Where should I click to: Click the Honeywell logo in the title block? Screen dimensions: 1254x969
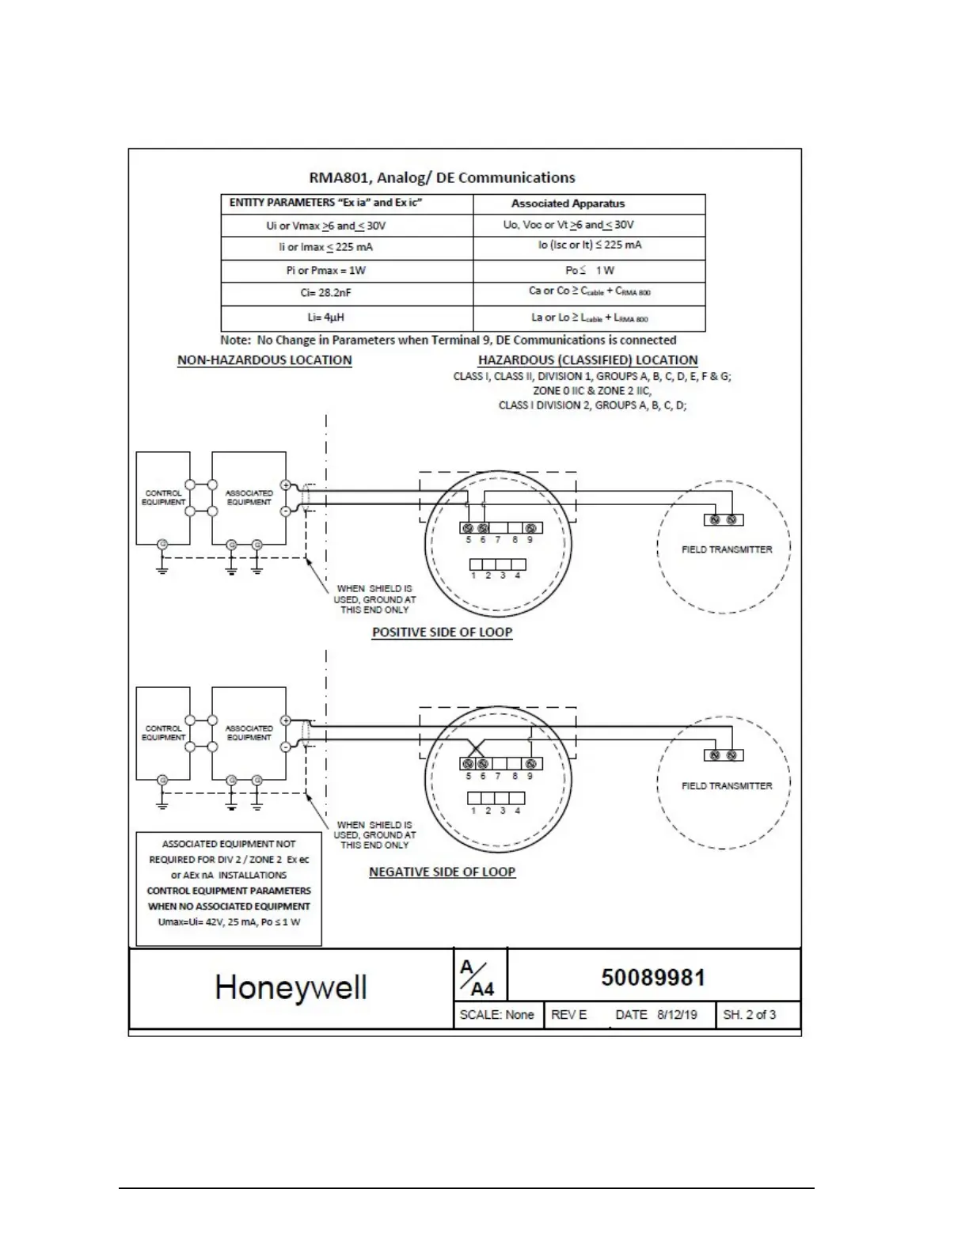click(x=291, y=987)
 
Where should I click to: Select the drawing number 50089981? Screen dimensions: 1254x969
click(x=653, y=978)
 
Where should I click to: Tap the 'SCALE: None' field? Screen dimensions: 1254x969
click(x=496, y=1015)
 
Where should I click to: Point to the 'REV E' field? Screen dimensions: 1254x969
click(x=568, y=1015)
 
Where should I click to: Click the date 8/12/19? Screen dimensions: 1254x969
click(x=677, y=1015)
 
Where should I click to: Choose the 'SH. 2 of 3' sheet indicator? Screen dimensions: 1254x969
click(x=749, y=1015)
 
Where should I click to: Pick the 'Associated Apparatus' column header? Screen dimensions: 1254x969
click(x=568, y=203)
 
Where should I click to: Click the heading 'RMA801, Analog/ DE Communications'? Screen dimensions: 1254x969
click(x=442, y=177)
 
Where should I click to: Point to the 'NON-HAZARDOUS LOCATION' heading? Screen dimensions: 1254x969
click(x=264, y=360)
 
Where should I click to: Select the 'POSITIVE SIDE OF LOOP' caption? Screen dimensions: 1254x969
click(x=442, y=633)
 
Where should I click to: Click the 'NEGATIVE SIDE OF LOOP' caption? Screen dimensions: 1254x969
click(x=442, y=872)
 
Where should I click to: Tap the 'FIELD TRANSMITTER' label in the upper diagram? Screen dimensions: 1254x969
click(x=727, y=549)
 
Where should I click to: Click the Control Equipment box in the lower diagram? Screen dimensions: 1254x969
click(x=163, y=733)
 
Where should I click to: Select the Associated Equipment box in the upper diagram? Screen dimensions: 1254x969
click(x=249, y=498)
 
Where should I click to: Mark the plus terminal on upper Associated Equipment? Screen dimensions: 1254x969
click(x=286, y=484)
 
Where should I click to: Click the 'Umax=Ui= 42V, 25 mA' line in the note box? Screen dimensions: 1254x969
click(x=229, y=922)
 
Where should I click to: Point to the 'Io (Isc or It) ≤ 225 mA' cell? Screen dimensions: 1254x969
click(x=590, y=245)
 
